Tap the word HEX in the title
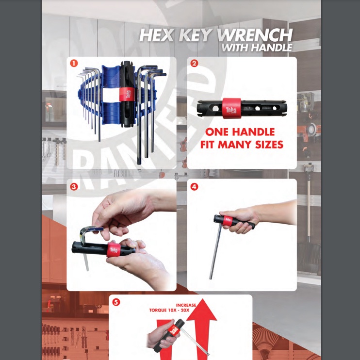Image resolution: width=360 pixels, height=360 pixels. point(154,35)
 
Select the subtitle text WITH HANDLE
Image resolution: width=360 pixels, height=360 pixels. point(257,48)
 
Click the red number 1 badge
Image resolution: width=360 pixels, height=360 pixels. point(73,63)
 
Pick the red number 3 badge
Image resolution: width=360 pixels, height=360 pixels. point(73,186)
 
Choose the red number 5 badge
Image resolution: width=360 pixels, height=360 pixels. point(115,302)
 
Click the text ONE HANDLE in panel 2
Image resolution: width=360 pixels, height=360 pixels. point(240,132)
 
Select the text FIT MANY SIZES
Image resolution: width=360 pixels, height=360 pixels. point(242,145)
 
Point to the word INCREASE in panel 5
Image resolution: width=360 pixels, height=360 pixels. point(186,305)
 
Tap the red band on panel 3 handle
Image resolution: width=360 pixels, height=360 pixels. point(114,249)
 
